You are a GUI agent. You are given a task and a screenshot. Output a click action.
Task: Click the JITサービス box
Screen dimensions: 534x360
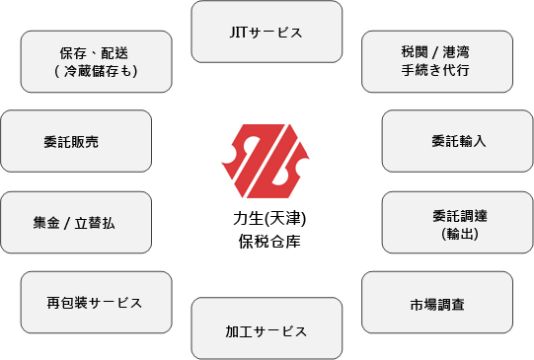click(267, 33)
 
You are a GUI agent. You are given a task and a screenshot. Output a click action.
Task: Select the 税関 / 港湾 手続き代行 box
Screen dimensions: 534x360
click(436, 61)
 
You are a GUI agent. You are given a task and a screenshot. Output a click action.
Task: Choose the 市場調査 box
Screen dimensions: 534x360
click(436, 303)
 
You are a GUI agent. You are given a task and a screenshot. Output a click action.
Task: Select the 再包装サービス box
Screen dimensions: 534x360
click(95, 303)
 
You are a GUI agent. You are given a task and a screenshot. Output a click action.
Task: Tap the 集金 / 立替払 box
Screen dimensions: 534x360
click(77, 223)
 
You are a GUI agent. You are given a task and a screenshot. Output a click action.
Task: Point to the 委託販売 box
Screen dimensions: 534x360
click(77, 141)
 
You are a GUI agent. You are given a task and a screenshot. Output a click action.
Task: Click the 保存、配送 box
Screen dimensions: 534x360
click(95, 61)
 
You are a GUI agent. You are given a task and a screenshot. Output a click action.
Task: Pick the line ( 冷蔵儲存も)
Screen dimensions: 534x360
click(96, 71)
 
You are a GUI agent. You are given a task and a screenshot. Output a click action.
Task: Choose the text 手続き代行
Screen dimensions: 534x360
click(436, 71)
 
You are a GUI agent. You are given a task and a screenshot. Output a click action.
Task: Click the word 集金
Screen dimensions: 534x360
click(46, 223)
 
